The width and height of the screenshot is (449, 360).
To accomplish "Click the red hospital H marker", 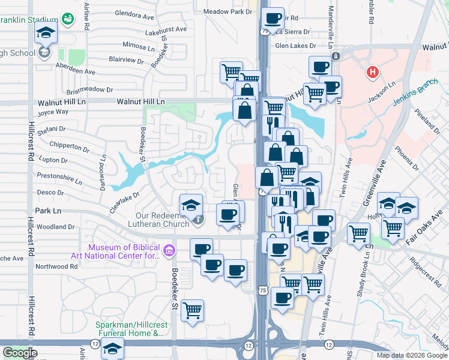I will [x=373, y=73].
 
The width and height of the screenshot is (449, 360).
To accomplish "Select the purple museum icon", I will [x=169, y=249].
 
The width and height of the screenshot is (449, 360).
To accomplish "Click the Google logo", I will [x=20, y=353].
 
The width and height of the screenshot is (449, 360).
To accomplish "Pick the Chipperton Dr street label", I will [x=69, y=146].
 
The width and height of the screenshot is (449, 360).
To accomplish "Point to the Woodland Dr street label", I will [x=55, y=227].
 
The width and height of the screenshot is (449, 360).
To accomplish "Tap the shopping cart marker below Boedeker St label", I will [x=192, y=310].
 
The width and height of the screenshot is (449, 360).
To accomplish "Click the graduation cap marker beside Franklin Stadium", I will [x=46, y=34].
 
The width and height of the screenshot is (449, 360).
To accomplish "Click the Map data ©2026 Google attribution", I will [x=412, y=355].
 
